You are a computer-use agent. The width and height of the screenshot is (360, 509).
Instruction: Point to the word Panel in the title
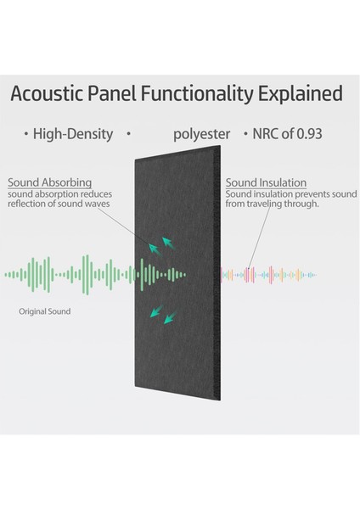coord(108,92)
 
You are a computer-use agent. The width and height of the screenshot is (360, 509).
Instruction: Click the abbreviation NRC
coord(267,134)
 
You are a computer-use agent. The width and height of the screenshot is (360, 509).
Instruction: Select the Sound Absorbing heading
coord(49,182)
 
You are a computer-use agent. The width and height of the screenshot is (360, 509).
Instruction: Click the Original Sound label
coord(45,311)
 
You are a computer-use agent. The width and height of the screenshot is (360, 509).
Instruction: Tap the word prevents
coord(295,194)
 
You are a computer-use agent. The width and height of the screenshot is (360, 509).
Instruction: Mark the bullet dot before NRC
coord(246,134)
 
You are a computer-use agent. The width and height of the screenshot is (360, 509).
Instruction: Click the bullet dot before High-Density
coord(26,134)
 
